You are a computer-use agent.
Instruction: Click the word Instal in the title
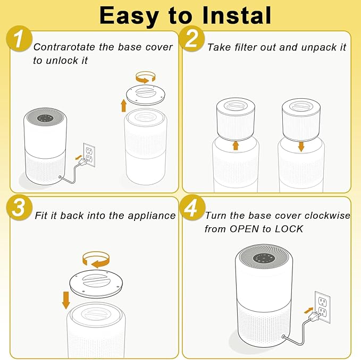[x=230, y=15]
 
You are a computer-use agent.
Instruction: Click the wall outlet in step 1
[x=89, y=155]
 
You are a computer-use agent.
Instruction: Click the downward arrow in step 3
[x=66, y=299]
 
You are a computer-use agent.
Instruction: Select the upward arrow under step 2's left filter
[x=236, y=145]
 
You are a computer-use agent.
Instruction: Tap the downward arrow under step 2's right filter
[x=301, y=146]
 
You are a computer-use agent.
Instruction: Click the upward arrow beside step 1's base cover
[x=124, y=105]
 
